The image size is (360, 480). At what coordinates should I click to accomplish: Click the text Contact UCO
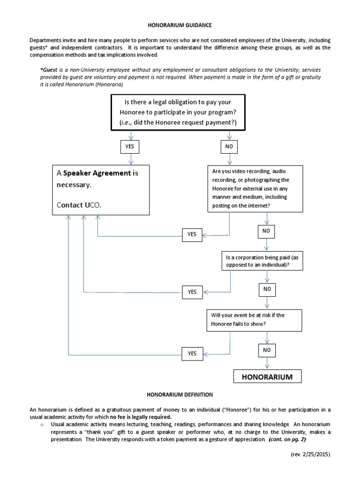click(79, 205)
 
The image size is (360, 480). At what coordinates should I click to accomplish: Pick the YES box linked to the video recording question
click(192, 234)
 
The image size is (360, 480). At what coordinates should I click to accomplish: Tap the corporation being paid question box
click(262, 261)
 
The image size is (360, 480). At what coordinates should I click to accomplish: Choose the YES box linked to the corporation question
click(192, 292)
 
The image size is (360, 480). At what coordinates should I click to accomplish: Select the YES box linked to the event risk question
click(192, 353)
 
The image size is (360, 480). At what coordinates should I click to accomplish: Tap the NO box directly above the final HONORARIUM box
click(267, 350)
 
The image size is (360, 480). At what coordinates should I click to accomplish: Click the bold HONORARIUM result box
click(267, 376)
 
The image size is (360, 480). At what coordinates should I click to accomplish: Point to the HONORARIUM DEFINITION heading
click(180, 395)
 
